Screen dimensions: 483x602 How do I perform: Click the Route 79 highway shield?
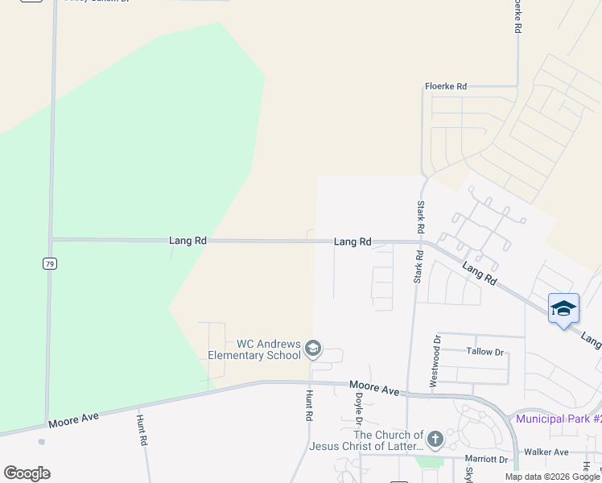(x=50, y=263)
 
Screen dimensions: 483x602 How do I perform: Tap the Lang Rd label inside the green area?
(x=188, y=240)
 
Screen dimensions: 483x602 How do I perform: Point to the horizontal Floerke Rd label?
(x=446, y=86)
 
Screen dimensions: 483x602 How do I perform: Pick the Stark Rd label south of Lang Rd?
(x=418, y=266)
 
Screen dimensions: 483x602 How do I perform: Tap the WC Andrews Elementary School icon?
(x=313, y=349)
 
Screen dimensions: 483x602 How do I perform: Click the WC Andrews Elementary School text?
(x=256, y=349)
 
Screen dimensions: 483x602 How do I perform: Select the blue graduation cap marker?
(x=563, y=309)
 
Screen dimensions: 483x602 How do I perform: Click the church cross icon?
(x=435, y=440)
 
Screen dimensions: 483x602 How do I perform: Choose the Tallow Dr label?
(x=484, y=352)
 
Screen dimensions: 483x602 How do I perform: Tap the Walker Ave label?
(x=546, y=452)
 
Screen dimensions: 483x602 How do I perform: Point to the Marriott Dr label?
(x=487, y=460)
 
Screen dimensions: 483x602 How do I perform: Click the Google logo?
(x=27, y=473)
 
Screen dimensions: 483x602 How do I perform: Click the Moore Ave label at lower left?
(x=74, y=419)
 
